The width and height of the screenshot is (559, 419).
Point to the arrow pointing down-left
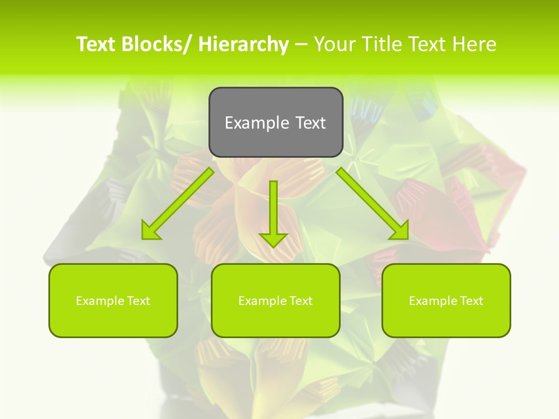(x=178, y=203)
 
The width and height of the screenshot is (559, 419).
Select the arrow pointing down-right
(x=373, y=203)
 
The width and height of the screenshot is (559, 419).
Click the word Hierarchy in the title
(x=243, y=44)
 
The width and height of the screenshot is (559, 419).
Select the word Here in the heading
(x=476, y=44)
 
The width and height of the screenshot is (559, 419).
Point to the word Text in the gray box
(x=310, y=123)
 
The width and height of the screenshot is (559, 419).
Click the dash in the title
(x=302, y=44)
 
